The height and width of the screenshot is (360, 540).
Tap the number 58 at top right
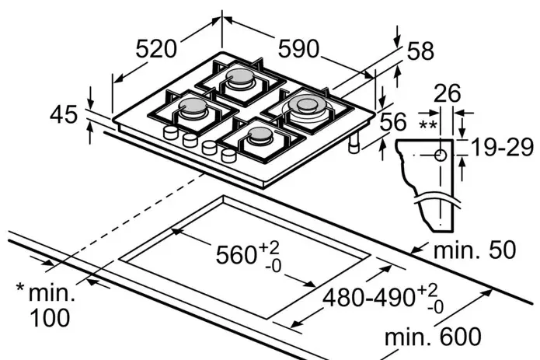point(420,51)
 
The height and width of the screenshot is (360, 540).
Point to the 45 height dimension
point(64,115)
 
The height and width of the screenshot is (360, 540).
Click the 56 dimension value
point(394,121)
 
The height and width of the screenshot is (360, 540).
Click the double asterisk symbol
point(427,125)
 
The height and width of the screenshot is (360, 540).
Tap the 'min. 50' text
point(473,251)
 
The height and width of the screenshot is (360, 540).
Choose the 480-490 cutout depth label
point(374,296)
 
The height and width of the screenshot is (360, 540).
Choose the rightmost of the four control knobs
point(228,155)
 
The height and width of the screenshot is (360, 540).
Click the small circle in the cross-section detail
point(441,155)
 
